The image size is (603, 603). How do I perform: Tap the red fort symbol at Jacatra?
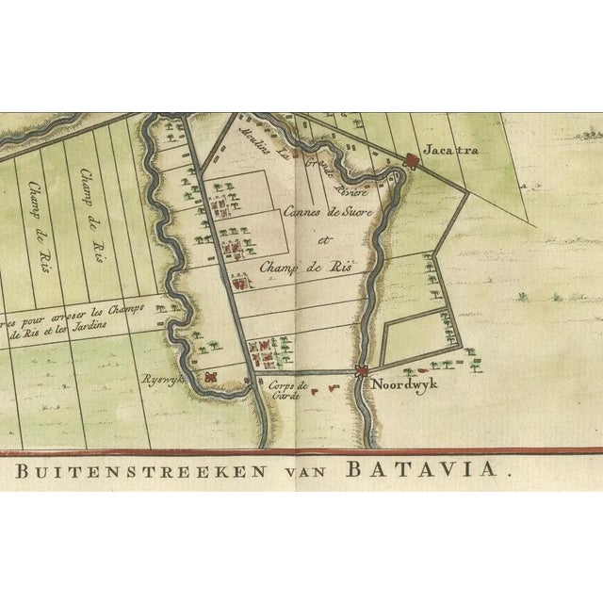411,161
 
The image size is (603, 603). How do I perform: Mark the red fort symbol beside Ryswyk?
213,376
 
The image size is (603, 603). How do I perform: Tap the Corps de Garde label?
286,391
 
